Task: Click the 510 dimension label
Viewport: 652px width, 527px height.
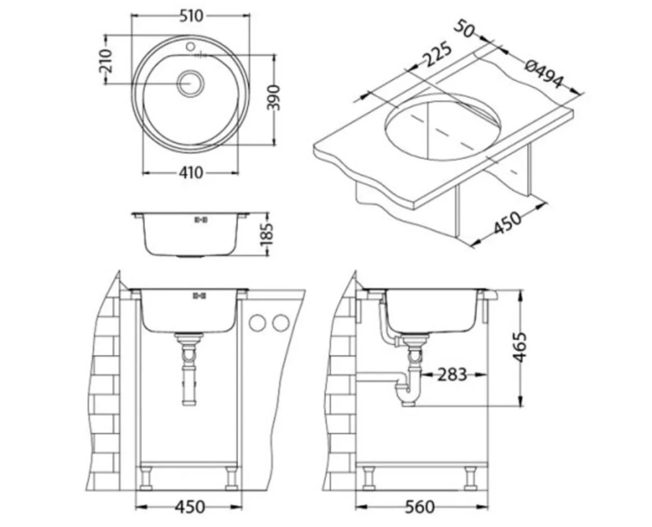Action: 192,17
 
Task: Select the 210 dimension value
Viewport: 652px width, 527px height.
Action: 106,61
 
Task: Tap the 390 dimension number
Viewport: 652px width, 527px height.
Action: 274,98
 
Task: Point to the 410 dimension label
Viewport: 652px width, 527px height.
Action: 191,172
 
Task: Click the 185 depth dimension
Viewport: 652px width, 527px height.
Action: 267,234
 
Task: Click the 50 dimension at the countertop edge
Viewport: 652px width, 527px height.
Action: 464,29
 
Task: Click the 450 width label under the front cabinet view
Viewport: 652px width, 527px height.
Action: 190,506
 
